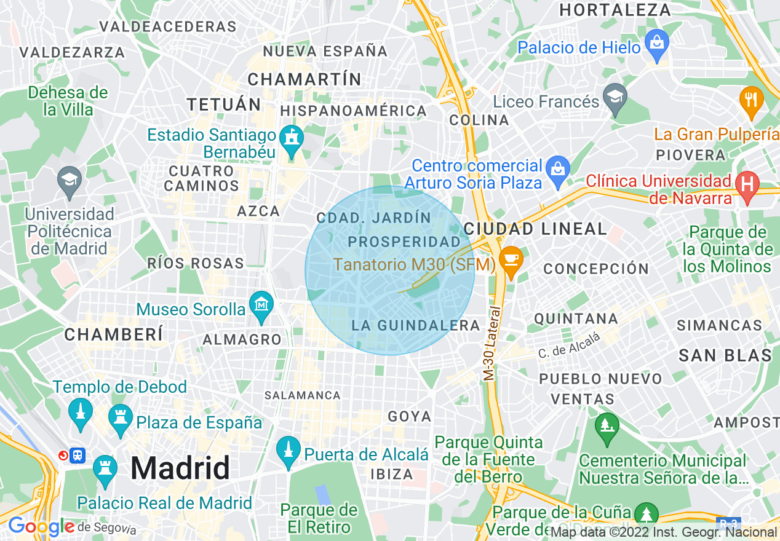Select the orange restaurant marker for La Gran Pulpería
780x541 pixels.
click(750, 99)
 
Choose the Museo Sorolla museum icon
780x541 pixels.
click(261, 305)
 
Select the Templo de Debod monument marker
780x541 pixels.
click(79, 411)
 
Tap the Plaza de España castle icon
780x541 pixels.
click(120, 419)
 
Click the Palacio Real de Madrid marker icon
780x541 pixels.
click(105, 469)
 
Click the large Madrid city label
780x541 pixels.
click(180, 468)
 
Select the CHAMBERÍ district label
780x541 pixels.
click(114, 334)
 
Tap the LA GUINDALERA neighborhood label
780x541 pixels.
click(415, 325)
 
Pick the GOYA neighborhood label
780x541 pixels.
click(410, 416)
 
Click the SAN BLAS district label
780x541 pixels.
click(725, 355)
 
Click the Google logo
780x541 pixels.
click(41, 526)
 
